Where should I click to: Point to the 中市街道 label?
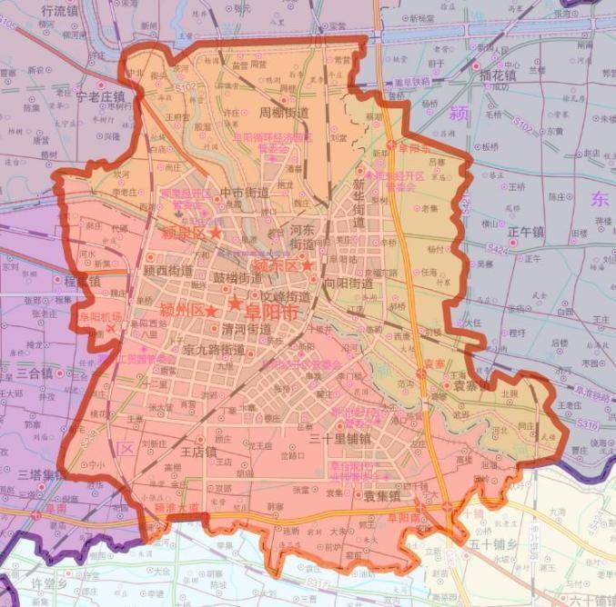245,192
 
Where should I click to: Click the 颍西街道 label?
168,270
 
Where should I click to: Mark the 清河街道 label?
247,329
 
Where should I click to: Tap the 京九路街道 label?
215,349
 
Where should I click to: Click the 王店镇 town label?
197,451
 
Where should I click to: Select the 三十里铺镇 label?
340,438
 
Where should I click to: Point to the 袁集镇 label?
382,497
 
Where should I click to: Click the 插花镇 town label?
498,76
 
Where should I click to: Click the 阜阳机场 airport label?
99,317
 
